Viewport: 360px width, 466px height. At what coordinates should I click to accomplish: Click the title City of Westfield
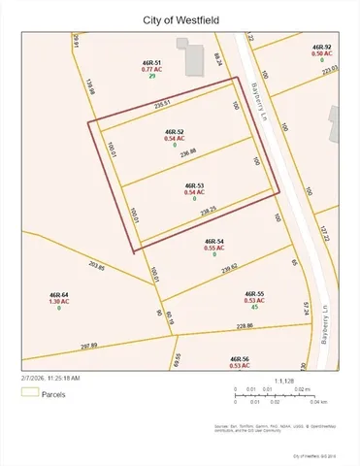coord(180,19)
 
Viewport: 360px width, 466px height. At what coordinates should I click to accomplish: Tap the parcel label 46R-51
coord(151,62)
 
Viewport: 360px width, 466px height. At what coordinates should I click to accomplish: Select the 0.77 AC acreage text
coord(151,70)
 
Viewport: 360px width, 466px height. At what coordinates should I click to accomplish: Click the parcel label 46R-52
coord(175,130)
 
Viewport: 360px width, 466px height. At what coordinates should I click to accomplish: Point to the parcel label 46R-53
coord(194,184)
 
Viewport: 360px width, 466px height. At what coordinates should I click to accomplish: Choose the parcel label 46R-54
coord(214,240)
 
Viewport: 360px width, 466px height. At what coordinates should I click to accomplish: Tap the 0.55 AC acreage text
coord(214,248)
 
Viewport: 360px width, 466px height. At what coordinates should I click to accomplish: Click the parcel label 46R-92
coord(322,47)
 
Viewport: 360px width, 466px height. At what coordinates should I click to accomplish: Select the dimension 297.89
coord(88,345)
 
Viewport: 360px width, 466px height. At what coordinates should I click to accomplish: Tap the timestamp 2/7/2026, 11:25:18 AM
coord(49,377)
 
